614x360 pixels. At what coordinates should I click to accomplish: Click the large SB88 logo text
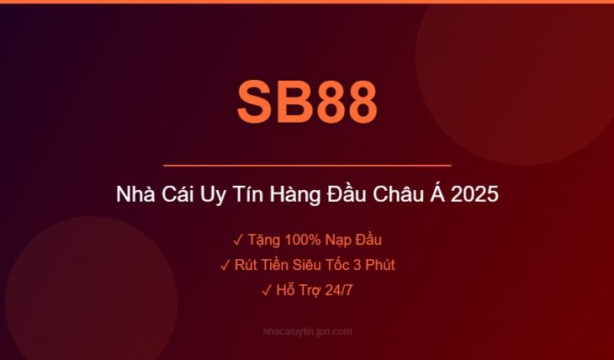click(x=307, y=102)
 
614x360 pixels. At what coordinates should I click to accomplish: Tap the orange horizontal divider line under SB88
click(x=307, y=166)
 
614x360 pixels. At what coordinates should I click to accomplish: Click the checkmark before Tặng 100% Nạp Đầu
click(x=237, y=241)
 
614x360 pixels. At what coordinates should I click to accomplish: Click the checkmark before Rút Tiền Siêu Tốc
click(x=225, y=266)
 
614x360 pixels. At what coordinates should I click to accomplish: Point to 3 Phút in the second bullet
click(x=373, y=266)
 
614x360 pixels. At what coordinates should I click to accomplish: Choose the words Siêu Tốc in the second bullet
click(x=318, y=266)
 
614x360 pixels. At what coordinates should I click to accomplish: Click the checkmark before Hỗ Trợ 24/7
click(x=266, y=291)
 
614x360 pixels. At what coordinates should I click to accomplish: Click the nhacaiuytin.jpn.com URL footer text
click(x=307, y=332)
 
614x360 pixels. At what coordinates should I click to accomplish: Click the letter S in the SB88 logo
click(x=255, y=102)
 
